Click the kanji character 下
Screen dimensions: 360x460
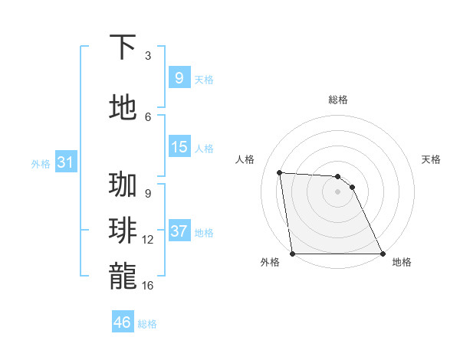(123, 47)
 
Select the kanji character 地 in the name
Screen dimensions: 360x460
(123, 107)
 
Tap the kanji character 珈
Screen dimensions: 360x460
(123, 185)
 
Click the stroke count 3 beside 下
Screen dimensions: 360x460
(148, 56)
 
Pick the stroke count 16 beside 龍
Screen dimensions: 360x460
(148, 285)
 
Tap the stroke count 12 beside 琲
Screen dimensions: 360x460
(148, 240)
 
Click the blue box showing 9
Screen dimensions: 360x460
(179, 77)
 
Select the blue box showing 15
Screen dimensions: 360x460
(179, 147)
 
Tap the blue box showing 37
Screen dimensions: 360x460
(179, 231)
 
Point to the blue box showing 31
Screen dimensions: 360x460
(65, 162)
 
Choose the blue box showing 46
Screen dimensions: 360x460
(123, 322)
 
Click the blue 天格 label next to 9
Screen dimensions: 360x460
(204, 79)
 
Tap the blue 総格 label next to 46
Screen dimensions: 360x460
(147, 324)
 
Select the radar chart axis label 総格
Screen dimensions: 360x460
(337, 100)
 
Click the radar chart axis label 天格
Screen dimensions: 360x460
(432, 159)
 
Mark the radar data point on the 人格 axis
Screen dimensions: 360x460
(280, 172)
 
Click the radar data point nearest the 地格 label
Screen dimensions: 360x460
(382, 254)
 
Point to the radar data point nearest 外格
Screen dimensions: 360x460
(292, 254)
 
